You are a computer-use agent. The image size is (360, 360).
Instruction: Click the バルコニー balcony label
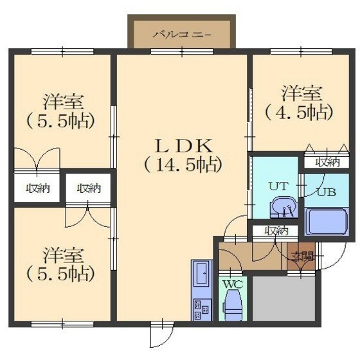coord(182,35)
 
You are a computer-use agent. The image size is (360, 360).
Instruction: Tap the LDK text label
coord(184,147)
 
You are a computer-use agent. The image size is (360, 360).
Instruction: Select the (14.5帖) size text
coord(183,165)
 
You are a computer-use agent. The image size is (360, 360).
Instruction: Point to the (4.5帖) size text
coord(300,113)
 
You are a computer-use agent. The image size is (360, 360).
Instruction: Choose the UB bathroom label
coord(327,192)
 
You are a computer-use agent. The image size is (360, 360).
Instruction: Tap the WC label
coord(233,285)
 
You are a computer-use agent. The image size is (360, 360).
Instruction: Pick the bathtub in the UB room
coord(327,222)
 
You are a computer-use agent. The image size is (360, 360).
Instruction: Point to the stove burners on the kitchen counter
coord(202,310)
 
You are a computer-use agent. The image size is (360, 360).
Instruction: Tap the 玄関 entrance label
coord(301,256)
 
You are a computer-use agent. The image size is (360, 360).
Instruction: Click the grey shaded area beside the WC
coord(283,298)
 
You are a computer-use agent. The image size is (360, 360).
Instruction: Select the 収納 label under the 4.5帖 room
coord(327,162)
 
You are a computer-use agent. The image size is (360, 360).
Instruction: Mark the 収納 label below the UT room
coord(276,231)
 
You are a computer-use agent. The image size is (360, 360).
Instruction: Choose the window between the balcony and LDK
coord(182,51)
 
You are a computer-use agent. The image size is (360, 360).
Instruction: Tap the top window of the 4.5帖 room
coord(301,51)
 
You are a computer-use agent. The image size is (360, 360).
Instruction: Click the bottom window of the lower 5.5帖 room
coord(62,324)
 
